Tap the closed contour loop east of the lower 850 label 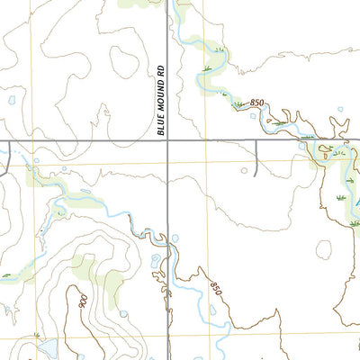[x=323, y=247]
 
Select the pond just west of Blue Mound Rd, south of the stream [x=156, y=262]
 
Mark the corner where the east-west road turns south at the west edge [x=8, y=141]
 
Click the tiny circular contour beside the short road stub [x=243, y=168]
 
